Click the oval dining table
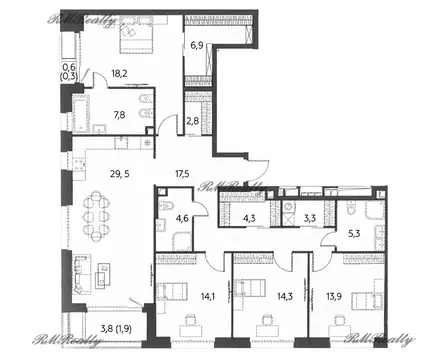99,213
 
